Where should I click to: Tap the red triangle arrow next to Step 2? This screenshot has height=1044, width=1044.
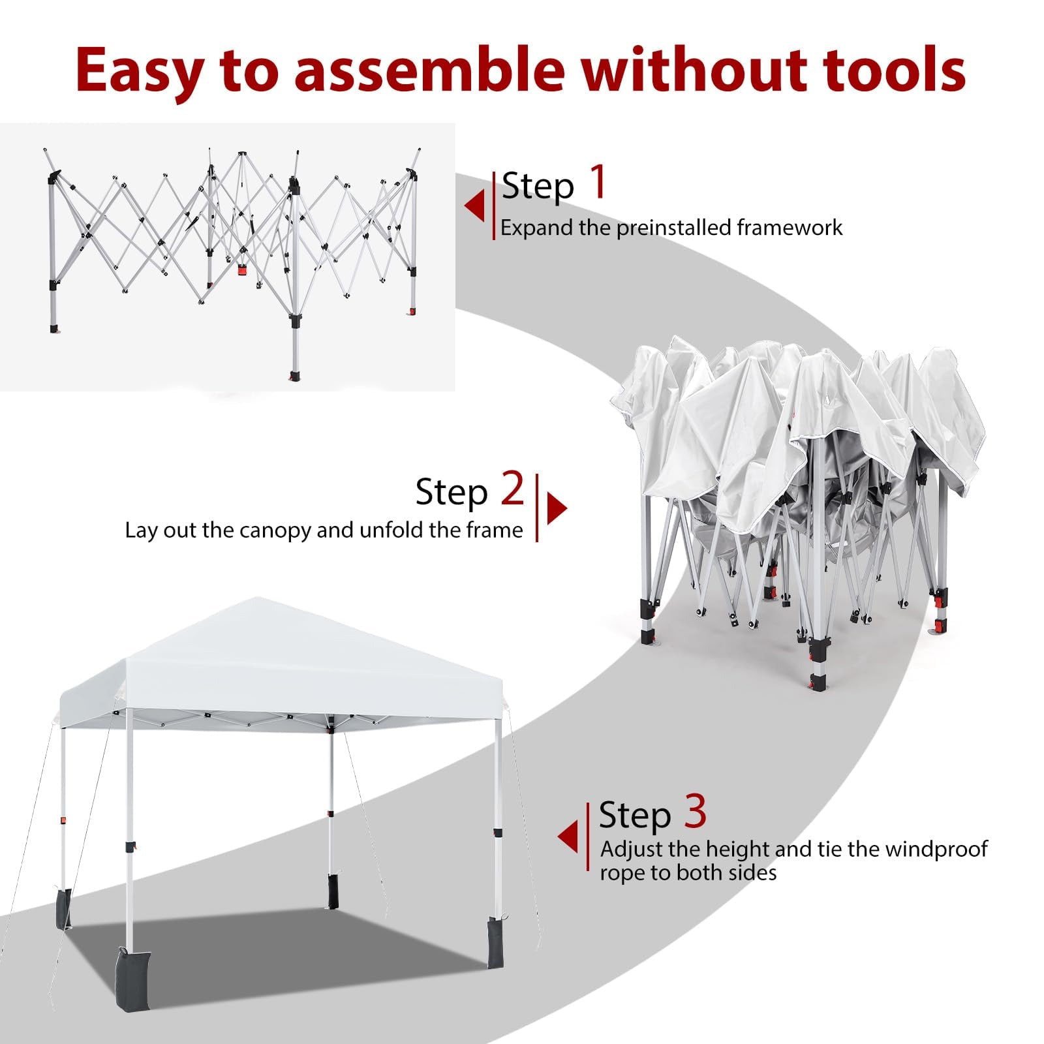coord(557,508)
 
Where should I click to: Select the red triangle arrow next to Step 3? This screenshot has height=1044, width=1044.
coord(568,837)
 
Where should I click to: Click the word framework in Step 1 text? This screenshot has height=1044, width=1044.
coord(790,228)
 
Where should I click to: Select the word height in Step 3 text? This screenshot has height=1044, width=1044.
coord(738,850)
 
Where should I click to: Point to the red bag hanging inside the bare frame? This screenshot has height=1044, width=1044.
coord(243,269)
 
